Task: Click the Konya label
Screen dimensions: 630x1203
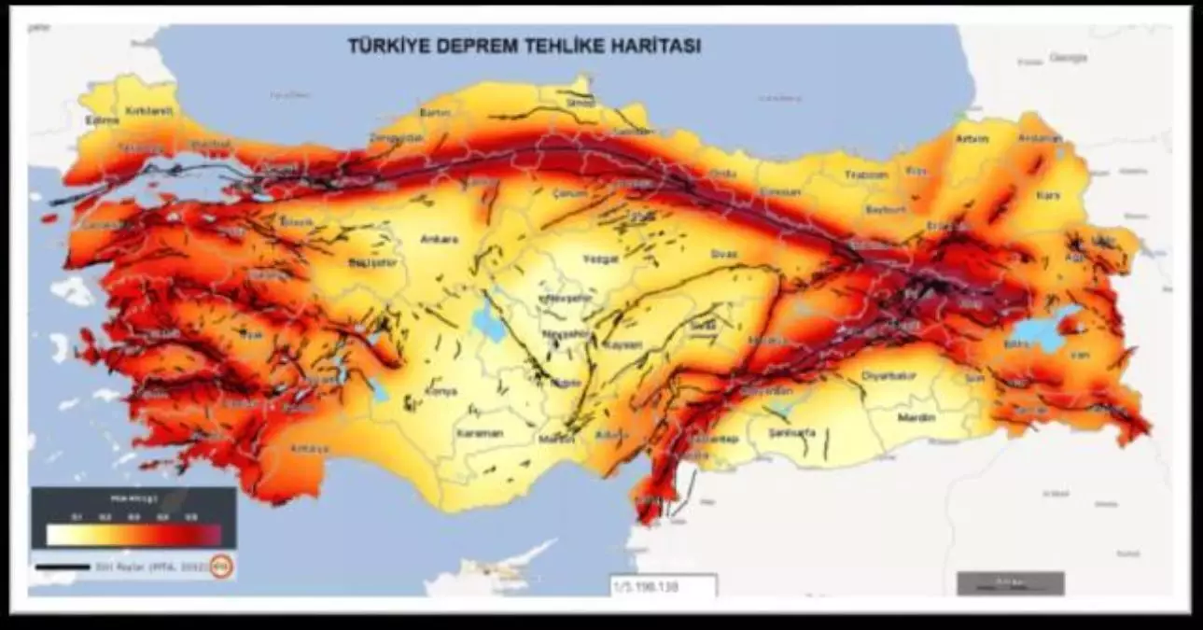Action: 441,391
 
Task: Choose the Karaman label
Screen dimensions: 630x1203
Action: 481,434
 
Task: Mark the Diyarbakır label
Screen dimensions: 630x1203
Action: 883,379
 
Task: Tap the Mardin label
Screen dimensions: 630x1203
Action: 916,418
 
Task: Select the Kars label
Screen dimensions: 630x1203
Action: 1049,195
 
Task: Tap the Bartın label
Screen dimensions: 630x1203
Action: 436,113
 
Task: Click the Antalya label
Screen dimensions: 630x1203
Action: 309,449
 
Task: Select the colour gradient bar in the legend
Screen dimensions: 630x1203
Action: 134,535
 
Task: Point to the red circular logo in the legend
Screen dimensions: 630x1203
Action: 221,565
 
